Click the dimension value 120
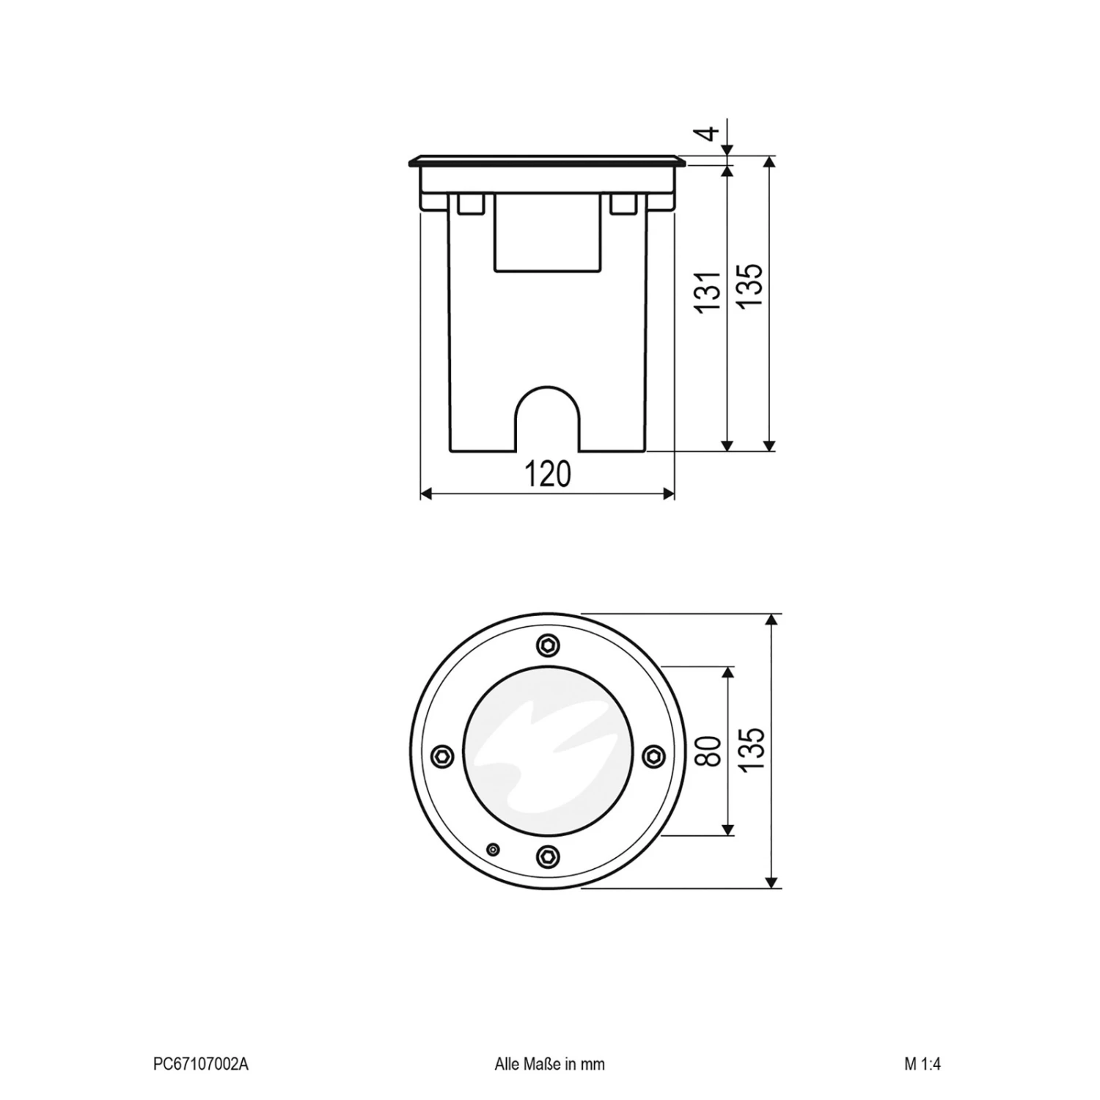tap(547, 474)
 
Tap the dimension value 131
tap(710, 292)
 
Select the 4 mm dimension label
tap(708, 134)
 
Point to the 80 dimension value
tap(710, 751)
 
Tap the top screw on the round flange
tap(547, 645)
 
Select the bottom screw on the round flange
tap(547, 855)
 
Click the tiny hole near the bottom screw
tap(494, 849)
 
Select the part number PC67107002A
tap(200, 1064)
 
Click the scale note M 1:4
tap(922, 1064)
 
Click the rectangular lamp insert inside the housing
tap(547, 233)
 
